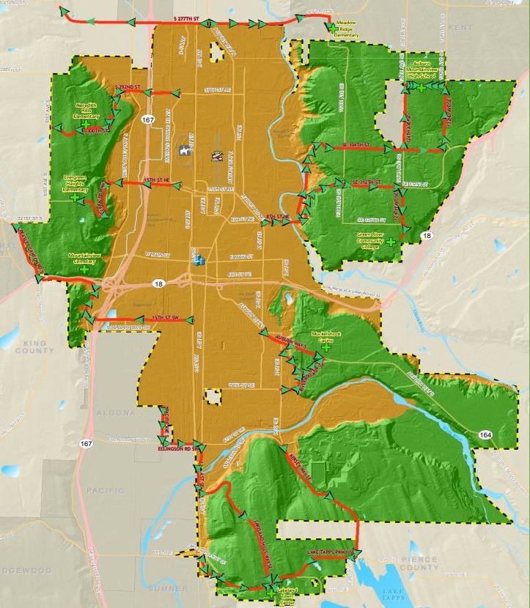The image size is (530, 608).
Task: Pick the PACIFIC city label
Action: point(106,490)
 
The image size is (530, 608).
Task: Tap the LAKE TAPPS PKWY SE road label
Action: point(329,550)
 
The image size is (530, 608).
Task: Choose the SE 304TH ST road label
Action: point(356,146)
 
